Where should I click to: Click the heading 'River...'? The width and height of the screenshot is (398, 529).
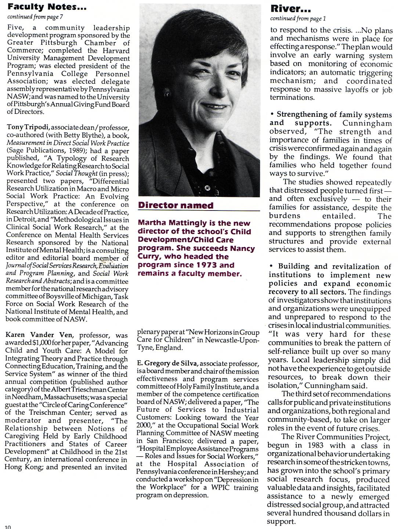(x=291, y=8)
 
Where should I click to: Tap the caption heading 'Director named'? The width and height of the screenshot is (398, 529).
(x=176, y=205)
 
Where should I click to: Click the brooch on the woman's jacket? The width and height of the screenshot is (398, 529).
(x=207, y=189)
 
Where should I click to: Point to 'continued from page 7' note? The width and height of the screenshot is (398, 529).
(x=35, y=17)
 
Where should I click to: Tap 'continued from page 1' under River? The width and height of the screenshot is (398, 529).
(x=298, y=18)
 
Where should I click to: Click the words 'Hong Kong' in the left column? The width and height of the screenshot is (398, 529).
(x=21, y=467)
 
